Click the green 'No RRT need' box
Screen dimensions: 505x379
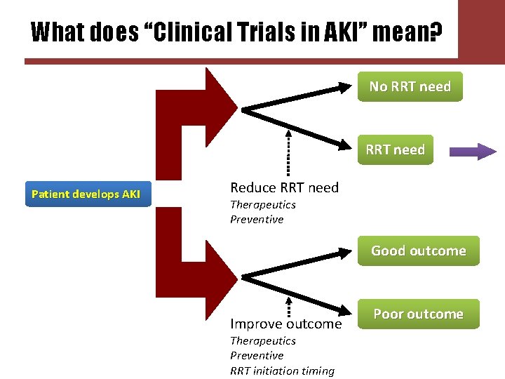[x=410, y=86]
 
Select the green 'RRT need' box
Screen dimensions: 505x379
[x=395, y=149]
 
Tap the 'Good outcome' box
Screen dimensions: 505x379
[x=418, y=251]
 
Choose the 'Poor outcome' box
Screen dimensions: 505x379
[x=418, y=314]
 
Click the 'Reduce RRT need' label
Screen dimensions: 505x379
[x=284, y=187]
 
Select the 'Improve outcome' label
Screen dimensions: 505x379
[x=285, y=324]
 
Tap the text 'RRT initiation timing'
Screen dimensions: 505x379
[x=282, y=371]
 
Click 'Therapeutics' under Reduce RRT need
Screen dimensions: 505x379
[x=263, y=204]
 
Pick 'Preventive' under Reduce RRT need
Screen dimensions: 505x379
[x=257, y=219]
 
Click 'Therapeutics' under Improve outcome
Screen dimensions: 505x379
[x=263, y=340]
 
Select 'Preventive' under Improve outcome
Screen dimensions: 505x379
[x=257, y=355]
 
